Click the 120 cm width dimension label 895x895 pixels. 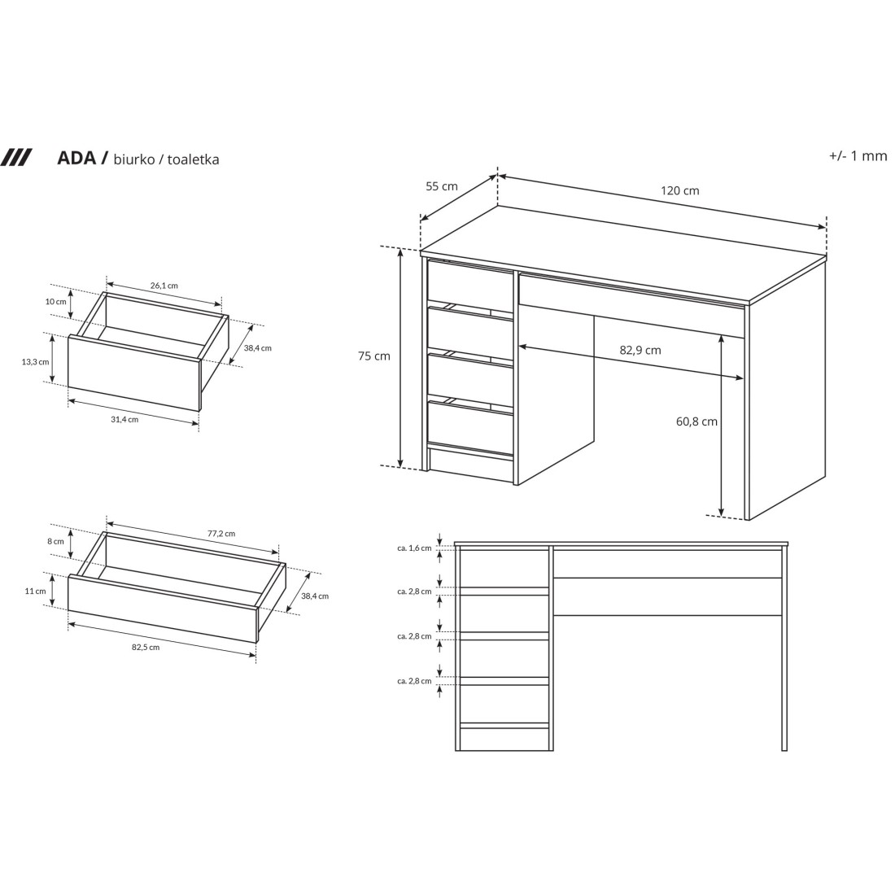tap(679, 191)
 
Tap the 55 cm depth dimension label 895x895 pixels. tap(442, 186)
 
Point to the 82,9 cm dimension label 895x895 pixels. tap(640, 350)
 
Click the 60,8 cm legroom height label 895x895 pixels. tap(697, 421)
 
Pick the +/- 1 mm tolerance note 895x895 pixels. tap(858, 156)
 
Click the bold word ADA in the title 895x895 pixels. tap(76, 158)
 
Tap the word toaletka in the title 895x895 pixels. tap(194, 159)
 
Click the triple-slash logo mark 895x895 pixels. tap(16, 157)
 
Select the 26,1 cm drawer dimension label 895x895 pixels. tap(164, 286)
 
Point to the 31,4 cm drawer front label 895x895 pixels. tap(124, 419)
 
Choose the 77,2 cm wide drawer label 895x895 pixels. tap(220, 534)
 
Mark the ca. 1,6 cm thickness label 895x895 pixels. tap(414, 548)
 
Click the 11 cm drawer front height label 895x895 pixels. tap(35, 592)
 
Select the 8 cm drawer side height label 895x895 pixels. tap(55, 541)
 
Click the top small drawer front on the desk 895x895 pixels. tap(470, 282)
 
